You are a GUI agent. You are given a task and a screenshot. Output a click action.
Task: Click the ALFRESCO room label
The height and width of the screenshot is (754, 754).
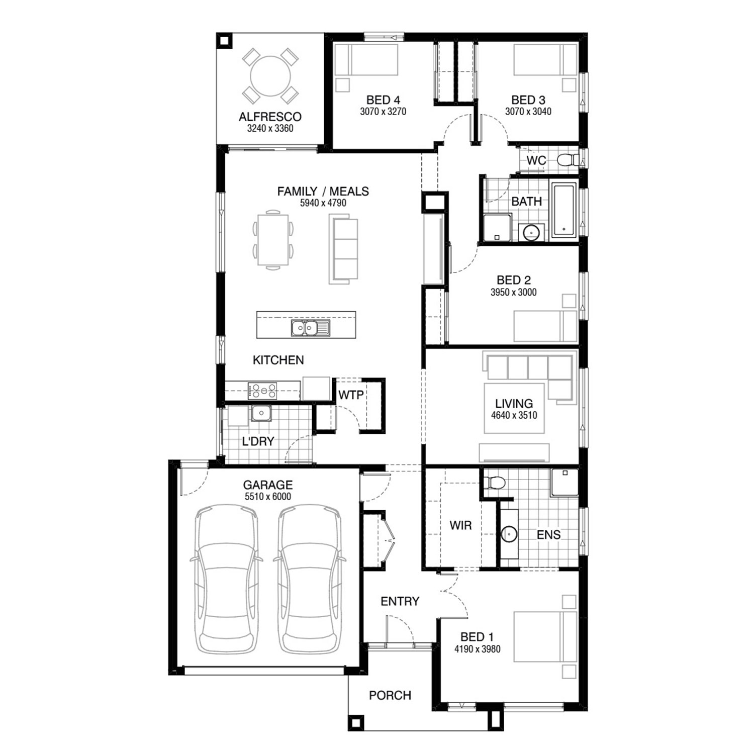(x=270, y=117)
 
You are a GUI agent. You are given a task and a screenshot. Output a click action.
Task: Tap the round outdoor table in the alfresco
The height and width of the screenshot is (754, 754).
(x=270, y=76)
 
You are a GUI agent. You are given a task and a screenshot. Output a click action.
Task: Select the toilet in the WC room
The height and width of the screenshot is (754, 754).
(x=568, y=160)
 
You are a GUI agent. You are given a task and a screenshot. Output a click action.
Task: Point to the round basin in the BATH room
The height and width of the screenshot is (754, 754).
(x=531, y=232)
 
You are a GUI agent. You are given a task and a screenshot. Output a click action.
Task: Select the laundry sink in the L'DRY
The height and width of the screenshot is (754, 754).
(x=261, y=413)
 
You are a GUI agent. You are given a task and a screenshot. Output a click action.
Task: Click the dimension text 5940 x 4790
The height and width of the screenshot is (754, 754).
(x=323, y=203)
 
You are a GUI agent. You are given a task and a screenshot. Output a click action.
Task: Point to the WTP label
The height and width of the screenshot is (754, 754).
(x=351, y=395)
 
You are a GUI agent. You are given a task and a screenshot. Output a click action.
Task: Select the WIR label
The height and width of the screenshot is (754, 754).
(x=460, y=526)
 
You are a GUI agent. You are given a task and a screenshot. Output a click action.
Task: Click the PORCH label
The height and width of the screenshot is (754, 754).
(x=390, y=695)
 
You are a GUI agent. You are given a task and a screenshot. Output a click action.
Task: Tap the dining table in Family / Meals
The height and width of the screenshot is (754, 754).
(x=273, y=240)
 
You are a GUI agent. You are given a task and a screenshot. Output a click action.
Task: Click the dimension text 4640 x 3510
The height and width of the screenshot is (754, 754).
(x=514, y=415)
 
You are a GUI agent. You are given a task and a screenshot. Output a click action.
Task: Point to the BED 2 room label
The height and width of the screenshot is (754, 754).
(x=514, y=280)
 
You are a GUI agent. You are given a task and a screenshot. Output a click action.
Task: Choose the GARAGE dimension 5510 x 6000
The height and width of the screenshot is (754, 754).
(x=267, y=497)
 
